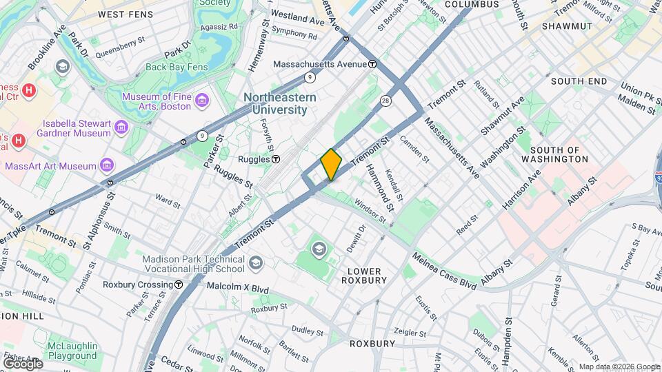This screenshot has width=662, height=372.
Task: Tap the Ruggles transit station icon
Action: pyautogui.click(x=276, y=159)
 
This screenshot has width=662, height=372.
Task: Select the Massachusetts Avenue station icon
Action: pyautogui.click(x=372, y=64)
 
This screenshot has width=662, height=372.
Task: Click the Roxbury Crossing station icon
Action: pyautogui.click(x=179, y=285)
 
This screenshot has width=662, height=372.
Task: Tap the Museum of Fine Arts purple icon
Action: pyautogui.click(x=202, y=101)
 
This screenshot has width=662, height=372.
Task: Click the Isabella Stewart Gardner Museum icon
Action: pyautogui.click(x=121, y=128)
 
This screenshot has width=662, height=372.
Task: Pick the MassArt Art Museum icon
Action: pyautogui.click(x=107, y=166)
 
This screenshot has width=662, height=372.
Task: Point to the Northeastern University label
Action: pyautogui.click(x=279, y=103)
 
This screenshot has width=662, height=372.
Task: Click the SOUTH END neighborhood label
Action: pyautogui.click(x=579, y=81)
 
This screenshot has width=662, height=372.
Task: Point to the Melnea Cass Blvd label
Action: pyautogui.click(x=445, y=271)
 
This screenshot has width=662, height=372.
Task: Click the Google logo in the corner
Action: pyautogui.click(x=23, y=363)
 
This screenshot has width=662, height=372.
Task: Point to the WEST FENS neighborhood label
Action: pyautogui.click(x=126, y=14)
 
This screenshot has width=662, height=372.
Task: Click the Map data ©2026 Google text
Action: pyautogui.click(x=619, y=366)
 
